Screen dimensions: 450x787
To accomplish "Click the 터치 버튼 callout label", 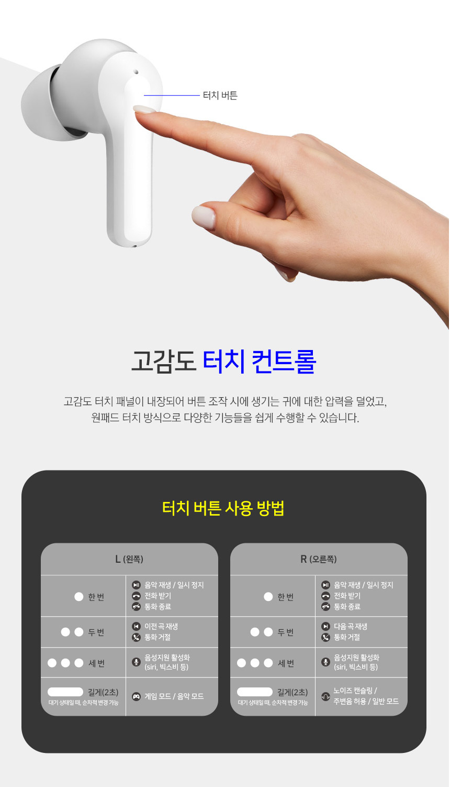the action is pos(220,95).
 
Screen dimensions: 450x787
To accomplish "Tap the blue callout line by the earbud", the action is pos(172,95).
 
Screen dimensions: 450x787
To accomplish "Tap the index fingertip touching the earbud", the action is pos(144,110).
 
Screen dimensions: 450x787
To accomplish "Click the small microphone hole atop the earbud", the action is pos(136,72).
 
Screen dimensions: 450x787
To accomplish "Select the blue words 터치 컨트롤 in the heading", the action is pos(260,362).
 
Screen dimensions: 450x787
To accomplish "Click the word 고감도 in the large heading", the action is pos(163,362).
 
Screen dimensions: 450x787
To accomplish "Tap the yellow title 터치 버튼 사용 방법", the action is pos(223,508).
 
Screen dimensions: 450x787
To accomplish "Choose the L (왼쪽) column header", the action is pos(129,559).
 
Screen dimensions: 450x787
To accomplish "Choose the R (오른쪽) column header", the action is pos(319,559).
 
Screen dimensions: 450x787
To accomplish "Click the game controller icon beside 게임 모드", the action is pos(136,696).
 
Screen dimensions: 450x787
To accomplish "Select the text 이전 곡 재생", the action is pos(161,626).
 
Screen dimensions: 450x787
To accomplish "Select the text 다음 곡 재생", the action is pos(351,626).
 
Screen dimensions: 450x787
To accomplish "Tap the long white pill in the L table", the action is pos(65,692).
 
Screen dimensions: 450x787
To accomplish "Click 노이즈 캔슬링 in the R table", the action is pos(353,691).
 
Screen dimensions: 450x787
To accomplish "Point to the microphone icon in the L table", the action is pos(136,662).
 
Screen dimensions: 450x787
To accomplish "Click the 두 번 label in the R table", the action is pos(286,632).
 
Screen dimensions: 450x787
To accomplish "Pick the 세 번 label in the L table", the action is pos(96,663).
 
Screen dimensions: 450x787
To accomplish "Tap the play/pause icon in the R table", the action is pos(325,585).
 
